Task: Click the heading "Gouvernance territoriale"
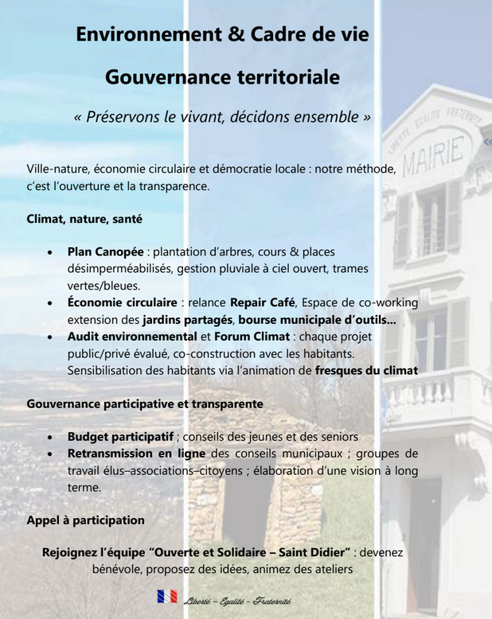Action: pyautogui.click(x=222, y=77)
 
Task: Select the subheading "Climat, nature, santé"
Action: pyautogui.click(x=84, y=217)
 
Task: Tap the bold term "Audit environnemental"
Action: pyautogui.click(x=132, y=337)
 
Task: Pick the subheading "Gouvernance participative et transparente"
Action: pyautogui.click(x=145, y=403)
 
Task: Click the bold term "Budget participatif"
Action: pyautogui.click(x=120, y=437)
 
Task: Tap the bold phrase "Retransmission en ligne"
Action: pyautogui.click(x=137, y=454)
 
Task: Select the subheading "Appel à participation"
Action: pyautogui.click(x=85, y=520)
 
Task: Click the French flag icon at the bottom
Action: pyautogui.click(x=167, y=596)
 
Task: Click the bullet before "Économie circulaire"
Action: pyautogui.click(x=50, y=303)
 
